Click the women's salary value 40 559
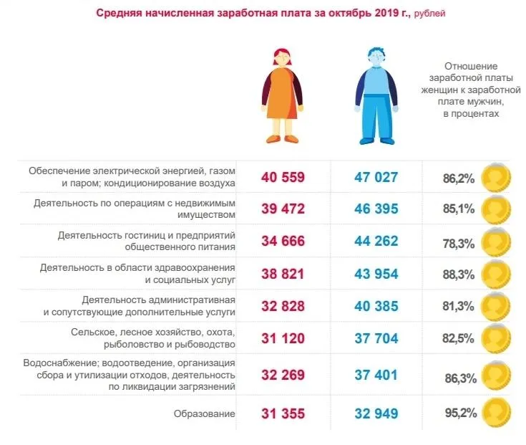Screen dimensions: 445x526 click(x=284, y=177)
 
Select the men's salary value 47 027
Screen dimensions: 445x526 click(x=375, y=177)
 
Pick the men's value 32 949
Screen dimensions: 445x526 click(x=375, y=414)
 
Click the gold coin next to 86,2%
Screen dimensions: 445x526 click(x=495, y=177)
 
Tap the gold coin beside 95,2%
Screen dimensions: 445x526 click(x=495, y=413)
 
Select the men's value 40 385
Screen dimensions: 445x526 click(x=375, y=305)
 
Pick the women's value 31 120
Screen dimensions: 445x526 click(x=284, y=338)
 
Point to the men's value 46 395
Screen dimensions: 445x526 click(x=375, y=209)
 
